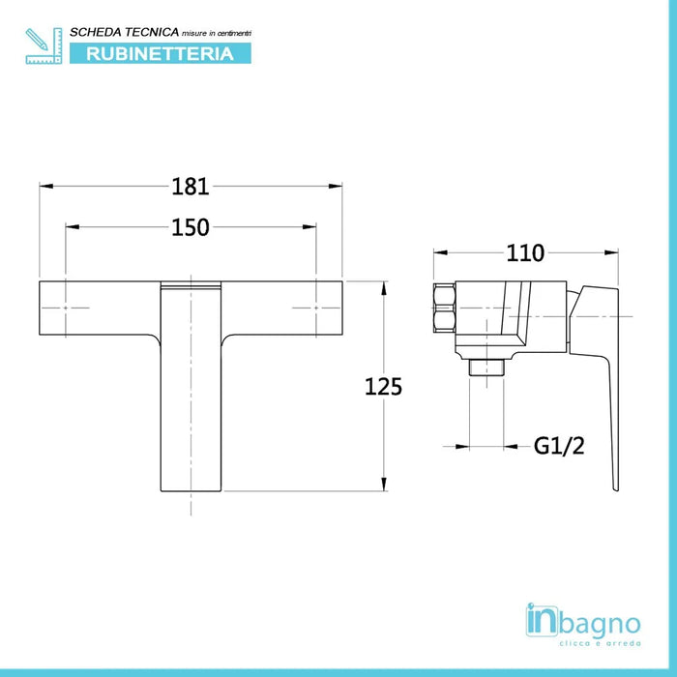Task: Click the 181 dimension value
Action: pos(191,185)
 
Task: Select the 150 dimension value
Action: pos(191,227)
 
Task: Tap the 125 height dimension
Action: pos(383,386)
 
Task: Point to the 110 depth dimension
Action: pos(526,252)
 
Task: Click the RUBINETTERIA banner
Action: pos(161,53)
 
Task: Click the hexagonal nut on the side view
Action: pos(443,307)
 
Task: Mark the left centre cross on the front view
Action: pos(65,308)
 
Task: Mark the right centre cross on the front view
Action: pos(317,308)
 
